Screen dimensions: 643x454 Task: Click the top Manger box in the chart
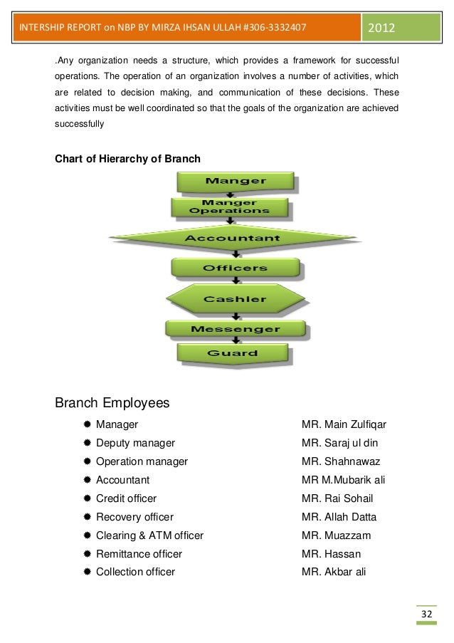[x=236, y=181]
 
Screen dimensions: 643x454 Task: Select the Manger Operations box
[x=230, y=207]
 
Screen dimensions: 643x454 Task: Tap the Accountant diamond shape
[x=233, y=238]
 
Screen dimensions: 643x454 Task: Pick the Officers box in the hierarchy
[x=236, y=268]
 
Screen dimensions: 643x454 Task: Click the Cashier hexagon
[x=236, y=299]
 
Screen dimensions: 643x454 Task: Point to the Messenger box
[x=236, y=329]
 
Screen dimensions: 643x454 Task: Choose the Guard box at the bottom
[x=233, y=353]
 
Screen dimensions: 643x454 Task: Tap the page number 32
[x=426, y=615]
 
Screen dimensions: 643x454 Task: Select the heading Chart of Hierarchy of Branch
[x=128, y=158]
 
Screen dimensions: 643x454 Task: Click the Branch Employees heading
[x=112, y=403]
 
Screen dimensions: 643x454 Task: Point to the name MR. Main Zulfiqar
[x=344, y=424]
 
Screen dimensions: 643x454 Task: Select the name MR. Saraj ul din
[x=339, y=443]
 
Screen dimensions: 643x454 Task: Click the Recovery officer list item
[x=134, y=517]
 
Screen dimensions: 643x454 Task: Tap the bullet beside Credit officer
[x=86, y=498]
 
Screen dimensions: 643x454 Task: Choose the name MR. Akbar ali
[x=333, y=572]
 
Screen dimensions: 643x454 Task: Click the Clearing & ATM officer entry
[x=149, y=535]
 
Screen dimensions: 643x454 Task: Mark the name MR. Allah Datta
[x=339, y=517]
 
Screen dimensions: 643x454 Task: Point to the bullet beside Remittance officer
[x=86, y=554]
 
